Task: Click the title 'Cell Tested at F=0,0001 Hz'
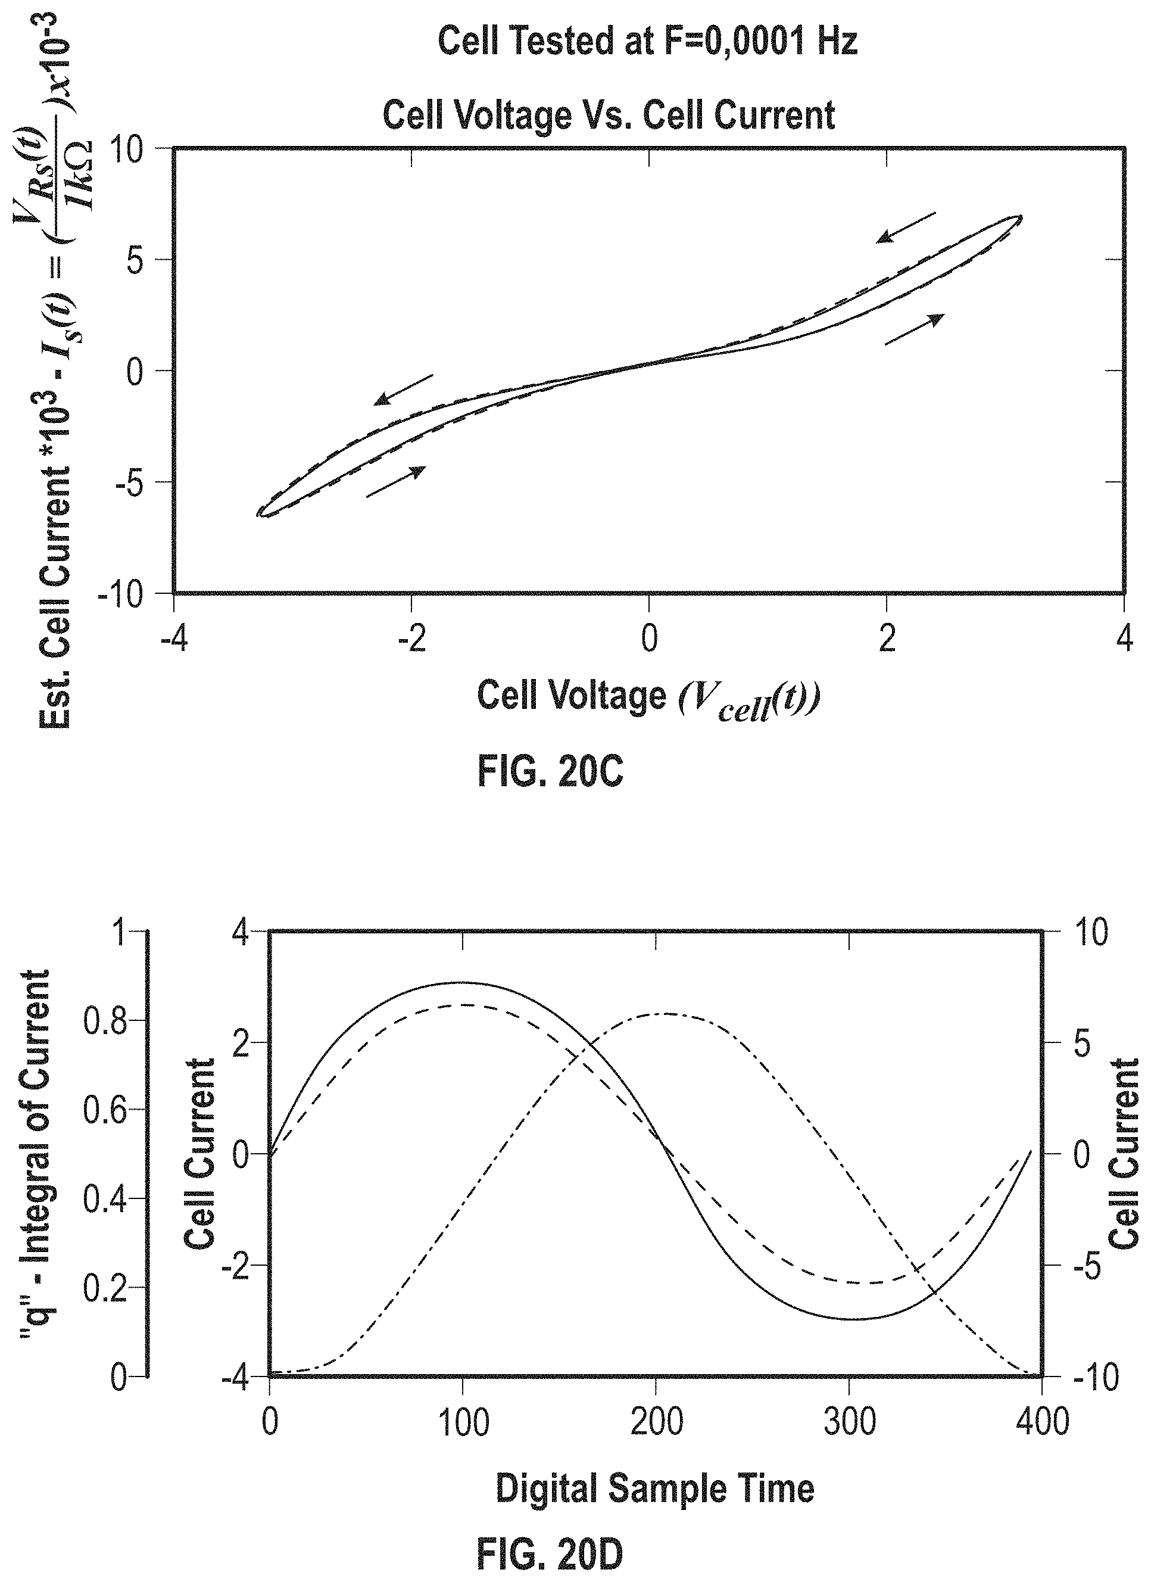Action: coord(647,41)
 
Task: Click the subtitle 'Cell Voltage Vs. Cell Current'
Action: coord(609,115)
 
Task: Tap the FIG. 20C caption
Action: coord(550,772)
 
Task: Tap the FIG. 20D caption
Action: coord(550,1555)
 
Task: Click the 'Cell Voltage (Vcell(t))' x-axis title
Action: coord(648,699)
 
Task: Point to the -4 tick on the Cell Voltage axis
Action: coord(174,639)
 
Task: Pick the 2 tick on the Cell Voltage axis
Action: coord(887,639)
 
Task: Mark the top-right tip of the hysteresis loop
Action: coord(1022,216)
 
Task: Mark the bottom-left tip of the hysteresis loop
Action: coord(257,514)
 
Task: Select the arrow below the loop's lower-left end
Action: coord(396,482)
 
